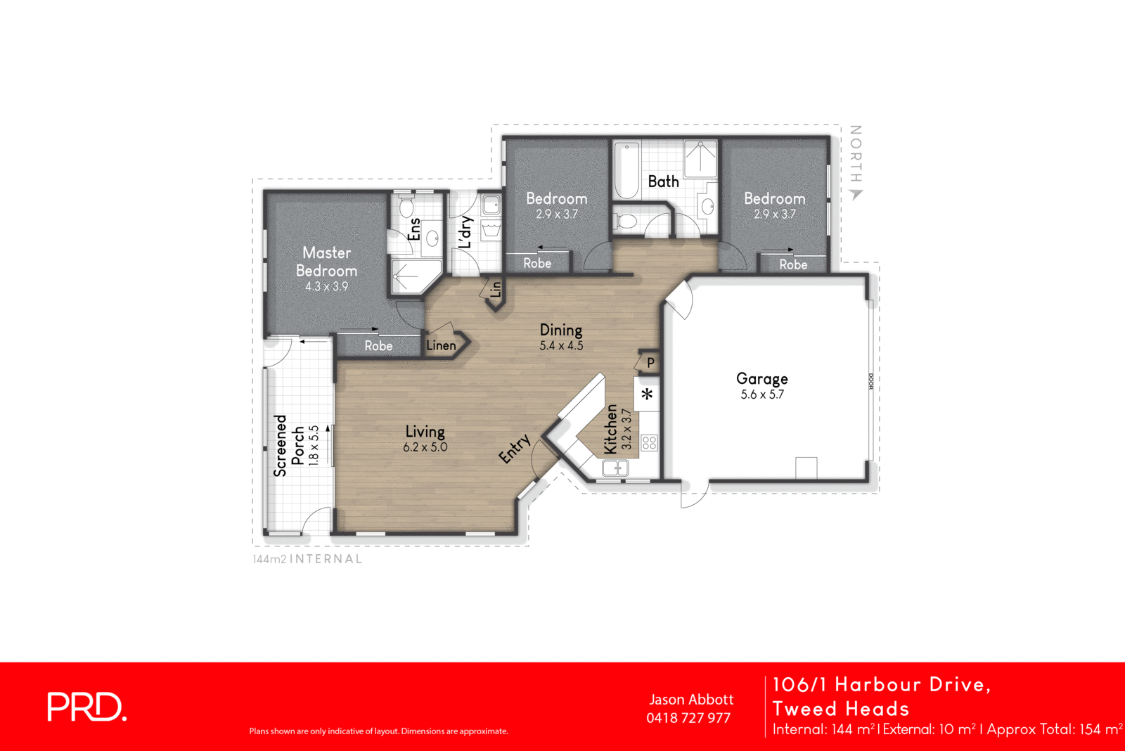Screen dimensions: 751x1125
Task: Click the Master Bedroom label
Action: tap(326, 262)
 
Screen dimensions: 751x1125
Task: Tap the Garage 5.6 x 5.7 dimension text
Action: tap(761, 395)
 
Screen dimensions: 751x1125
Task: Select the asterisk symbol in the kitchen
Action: tap(647, 394)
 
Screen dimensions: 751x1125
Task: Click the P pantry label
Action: tap(650, 363)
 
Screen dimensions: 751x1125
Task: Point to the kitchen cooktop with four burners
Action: tap(649, 442)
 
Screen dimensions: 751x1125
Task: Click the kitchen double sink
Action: tap(615, 467)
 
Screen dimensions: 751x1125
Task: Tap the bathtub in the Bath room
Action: tap(626, 171)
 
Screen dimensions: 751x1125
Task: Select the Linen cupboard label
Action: tap(441, 345)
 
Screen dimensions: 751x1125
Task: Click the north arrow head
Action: tap(856, 195)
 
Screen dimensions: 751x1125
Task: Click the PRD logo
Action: tap(86, 707)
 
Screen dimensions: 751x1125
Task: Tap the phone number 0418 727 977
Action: tap(688, 718)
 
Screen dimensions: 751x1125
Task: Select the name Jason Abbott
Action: tap(691, 700)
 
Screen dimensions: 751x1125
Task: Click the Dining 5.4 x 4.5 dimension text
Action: tap(561, 346)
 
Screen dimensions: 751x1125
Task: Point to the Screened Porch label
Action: tap(289, 445)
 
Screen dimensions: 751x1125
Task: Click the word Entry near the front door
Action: tap(515, 449)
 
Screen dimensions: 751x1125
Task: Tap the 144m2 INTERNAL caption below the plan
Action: tap(308, 559)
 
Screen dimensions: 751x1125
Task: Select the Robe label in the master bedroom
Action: tap(378, 346)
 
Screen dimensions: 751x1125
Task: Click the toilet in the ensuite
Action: tap(406, 208)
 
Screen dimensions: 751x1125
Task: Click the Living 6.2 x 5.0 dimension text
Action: tap(425, 447)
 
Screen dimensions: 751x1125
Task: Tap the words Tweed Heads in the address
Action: tap(841, 709)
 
